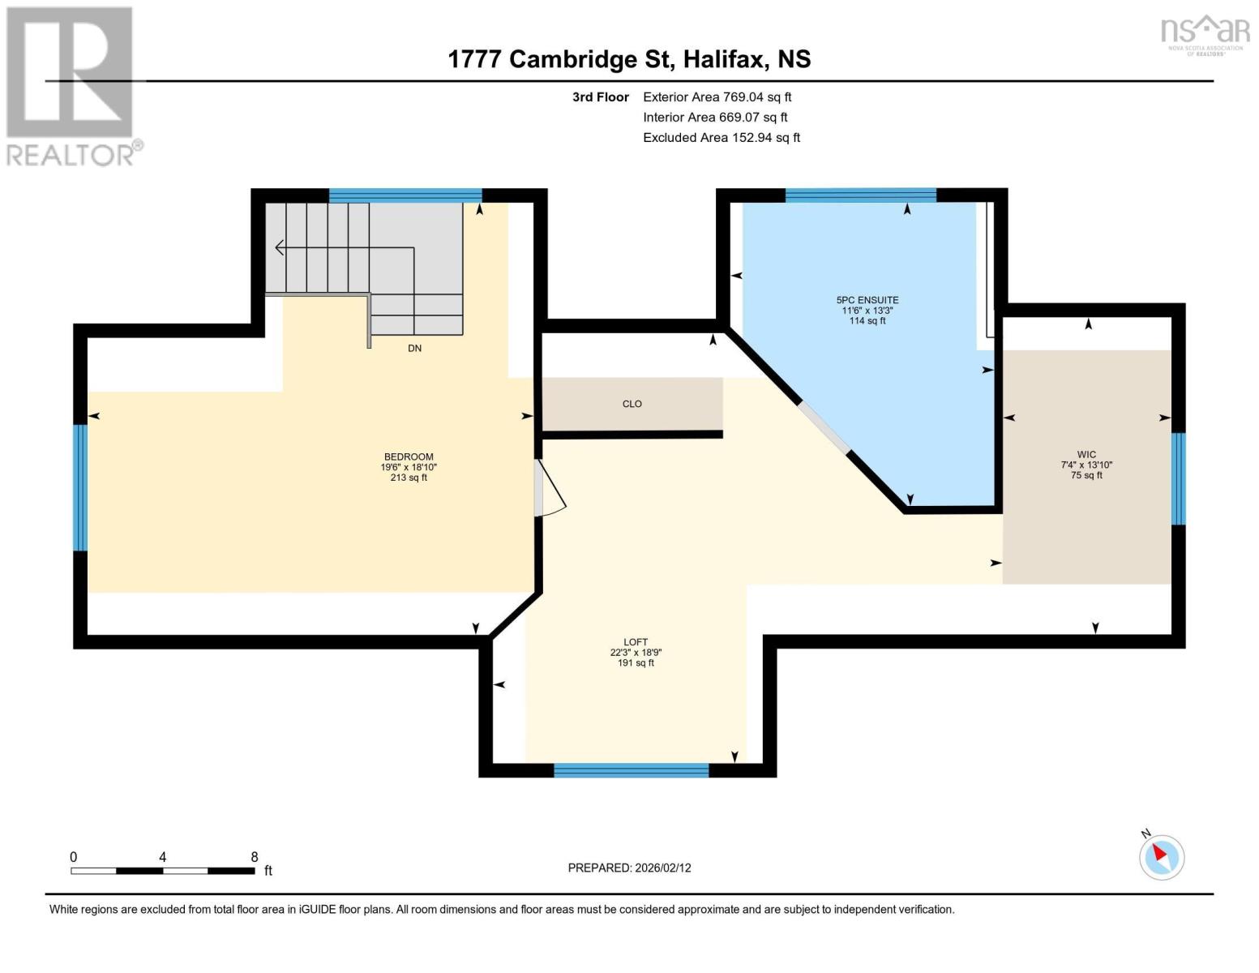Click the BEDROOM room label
pyautogui.click(x=409, y=457)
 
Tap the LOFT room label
pyautogui.click(x=636, y=642)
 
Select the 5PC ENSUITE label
pyautogui.click(x=867, y=300)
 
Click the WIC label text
pyautogui.click(x=1086, y=455)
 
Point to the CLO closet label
pyautogui.click(x=632, y=404)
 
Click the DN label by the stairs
pyautogui.click(x=414, y=349)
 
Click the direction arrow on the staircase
pyautogui.click(x=280, y=247)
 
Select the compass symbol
pyautogui.click(x=1161, y=856)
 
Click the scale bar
pyautogui.click(x=162, y=871)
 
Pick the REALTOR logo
pyautogui.click(x=71, y=85)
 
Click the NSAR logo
pyautogui.click(x=1205, y=34)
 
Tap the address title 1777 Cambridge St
pyautogui.click(x=629, y=59)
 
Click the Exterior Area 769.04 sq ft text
pyautogui.click(x=717, y=97)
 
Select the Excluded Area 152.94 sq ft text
pyautogui.click(x=721, y=138)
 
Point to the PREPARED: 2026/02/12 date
pyautogui.click(x=629, y=868)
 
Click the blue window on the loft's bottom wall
pyautogui.click(x=631, y=770)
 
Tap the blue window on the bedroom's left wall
pyautogui.click(x=80, y=487)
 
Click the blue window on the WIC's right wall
pyautogui.click(x=1178, y=478)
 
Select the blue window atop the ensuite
pyautogui.click(x=860, y=195)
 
